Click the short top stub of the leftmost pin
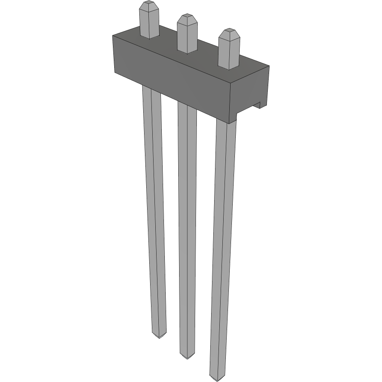tap(149, 24)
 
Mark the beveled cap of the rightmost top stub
tap(228, 33)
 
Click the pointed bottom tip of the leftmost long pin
tap(159, 336)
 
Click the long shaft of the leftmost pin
tap(154, 208)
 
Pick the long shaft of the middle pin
tap(187, 225)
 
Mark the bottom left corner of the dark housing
tap(115, 72)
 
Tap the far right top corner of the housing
tap(269, 66)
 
